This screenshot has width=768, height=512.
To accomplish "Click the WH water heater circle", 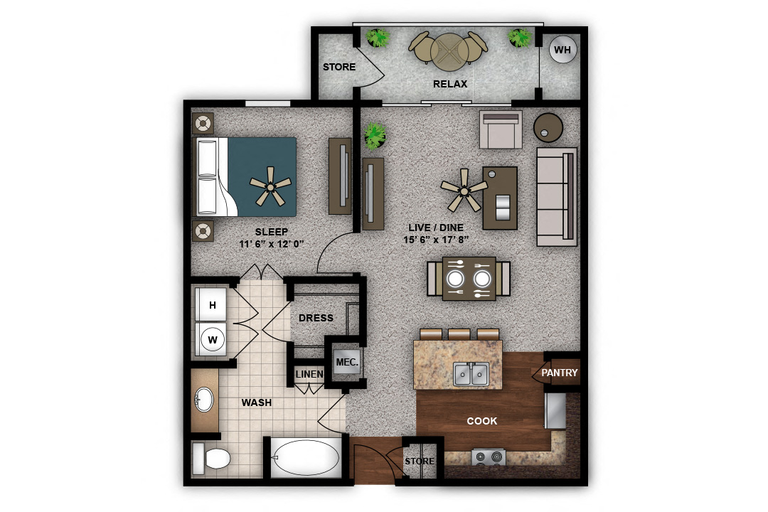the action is [x=562, y=50].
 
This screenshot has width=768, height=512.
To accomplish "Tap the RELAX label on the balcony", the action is [x=450, y=84].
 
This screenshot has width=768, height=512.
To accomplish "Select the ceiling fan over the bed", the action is [x=270, y=186].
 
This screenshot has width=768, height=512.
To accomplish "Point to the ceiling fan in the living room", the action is [x=464, y=190].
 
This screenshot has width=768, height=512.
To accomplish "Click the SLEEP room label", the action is [x=272, y=232].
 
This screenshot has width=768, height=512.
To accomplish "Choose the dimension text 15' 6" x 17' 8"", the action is [x=436, y=240].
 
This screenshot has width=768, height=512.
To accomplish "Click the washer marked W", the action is [x=212, y=339].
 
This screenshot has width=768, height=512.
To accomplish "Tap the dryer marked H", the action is [x=212, y=305].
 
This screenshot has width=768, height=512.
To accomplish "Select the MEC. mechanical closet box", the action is [x=347, y=363].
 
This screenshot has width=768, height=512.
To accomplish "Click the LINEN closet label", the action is [x=309, y=374].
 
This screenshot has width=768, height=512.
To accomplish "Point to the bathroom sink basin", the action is [x=204, y=400].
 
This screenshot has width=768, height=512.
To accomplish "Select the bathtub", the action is [x=306, y=457].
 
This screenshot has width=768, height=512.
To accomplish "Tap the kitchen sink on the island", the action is [x=471, y=374].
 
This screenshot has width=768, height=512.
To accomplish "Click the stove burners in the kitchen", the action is [x=489, y=457].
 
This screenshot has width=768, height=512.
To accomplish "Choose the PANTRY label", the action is [x=560, y=373].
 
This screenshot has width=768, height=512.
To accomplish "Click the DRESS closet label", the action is [x=316, y=318].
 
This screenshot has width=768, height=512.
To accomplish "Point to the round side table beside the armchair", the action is [x=548, y=127].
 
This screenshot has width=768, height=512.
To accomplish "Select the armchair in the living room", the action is [x=501, y=129].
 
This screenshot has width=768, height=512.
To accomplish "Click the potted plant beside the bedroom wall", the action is [x=375, y=136].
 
